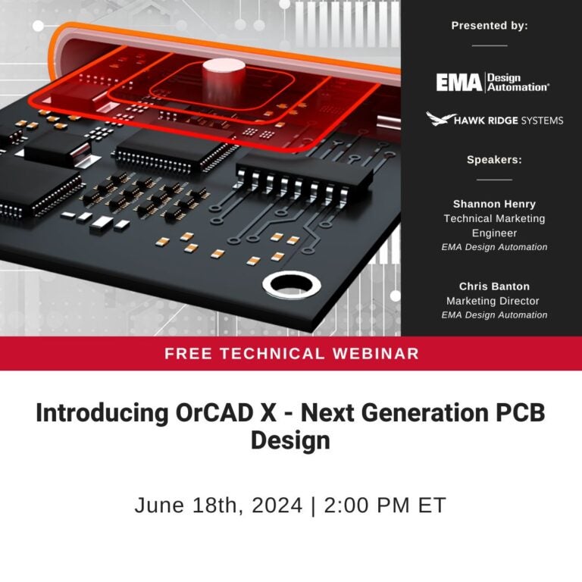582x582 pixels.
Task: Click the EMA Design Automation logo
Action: (493, 82)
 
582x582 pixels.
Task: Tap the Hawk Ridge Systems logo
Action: (494, 120)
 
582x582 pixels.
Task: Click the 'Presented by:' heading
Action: (490, 26)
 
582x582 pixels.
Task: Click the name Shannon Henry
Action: (494, 204)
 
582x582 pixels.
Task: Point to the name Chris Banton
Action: (494, 286)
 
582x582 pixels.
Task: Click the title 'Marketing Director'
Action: (493, 301)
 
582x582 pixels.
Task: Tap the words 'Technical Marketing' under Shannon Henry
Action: (494, 218)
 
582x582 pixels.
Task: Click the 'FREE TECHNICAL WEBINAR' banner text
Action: (291, 353)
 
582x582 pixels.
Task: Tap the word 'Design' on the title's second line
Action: (290, 440)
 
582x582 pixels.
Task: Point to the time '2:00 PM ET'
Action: (385, 505)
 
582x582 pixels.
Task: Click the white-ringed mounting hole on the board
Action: (292, 286)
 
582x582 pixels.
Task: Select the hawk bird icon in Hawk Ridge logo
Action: (440, 119)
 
